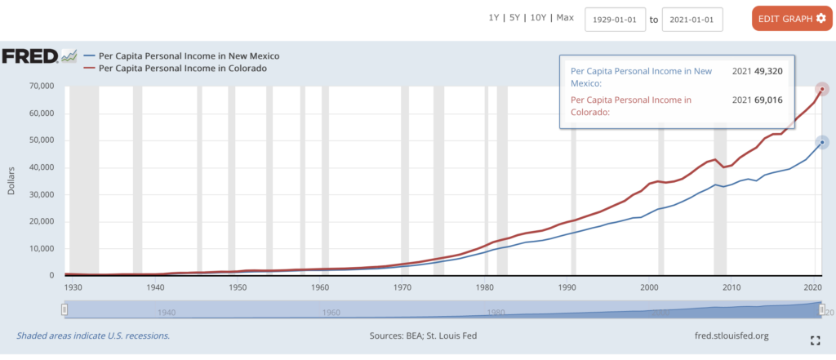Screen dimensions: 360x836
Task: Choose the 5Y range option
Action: coord(515,18)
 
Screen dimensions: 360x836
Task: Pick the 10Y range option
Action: coord(540,18)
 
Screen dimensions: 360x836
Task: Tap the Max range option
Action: coord(565,18)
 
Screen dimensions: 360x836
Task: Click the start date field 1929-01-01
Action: coord(615,20)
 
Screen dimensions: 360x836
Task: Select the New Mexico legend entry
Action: coord(189,56)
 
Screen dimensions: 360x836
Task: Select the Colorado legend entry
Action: coord(182,69)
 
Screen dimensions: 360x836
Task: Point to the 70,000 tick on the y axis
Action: coord(39,86)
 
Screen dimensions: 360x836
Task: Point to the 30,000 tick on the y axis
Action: coord(39,194)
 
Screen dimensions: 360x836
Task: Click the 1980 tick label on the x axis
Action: coord(485,287)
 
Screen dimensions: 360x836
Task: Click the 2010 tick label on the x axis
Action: coord(731,287)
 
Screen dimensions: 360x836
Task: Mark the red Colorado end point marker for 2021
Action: coord(823,88)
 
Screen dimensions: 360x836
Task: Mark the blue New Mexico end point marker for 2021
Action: coord(823,142)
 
